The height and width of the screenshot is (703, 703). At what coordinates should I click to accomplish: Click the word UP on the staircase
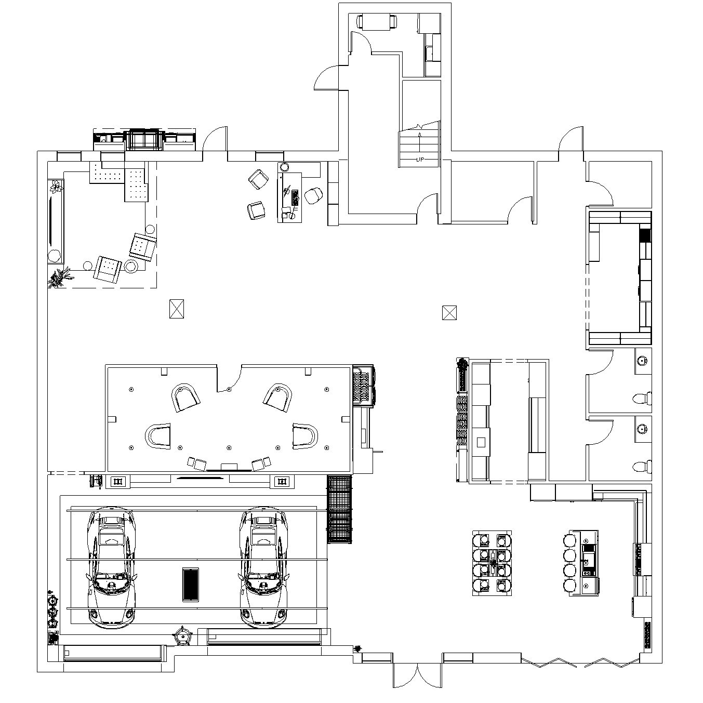pyautogui.click(x=420, y=160)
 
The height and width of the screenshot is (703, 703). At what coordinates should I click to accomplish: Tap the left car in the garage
pyautogui.click(x=112, y=568)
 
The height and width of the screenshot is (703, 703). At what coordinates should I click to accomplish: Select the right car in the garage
pyautogui.click(x=264, y=568)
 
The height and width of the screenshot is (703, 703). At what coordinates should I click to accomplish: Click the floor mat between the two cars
pyautogui.click(x=191, y=585)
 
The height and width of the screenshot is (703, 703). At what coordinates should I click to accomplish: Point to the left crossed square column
pyautogui.click(x=177, y=309)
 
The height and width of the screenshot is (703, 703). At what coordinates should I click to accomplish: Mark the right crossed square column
pyautogui.click(x=449, y=313)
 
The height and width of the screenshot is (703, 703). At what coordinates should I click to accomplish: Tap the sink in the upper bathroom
pyautogui.click(x=642, y=361)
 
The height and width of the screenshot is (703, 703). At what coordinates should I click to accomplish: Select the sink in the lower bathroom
pyautogui.click(x=642, y=429)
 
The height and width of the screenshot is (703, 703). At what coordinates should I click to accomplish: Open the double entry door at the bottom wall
pyautogui.click(x=417, y=675)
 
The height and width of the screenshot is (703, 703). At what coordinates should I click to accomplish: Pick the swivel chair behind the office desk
pyautogui.click(x=313, y=195)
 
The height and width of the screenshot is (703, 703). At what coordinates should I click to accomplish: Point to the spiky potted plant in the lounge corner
pyautogui.click(x=59, y=277)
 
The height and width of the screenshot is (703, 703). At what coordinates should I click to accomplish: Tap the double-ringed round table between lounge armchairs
pyautogui.click(x=130, y=266)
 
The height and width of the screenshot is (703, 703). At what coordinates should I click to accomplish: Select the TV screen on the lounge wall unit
pyautogui.click(x=50, y=221)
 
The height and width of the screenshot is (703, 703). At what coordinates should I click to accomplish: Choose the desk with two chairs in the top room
pyautogui.click(x=377, y=21)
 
